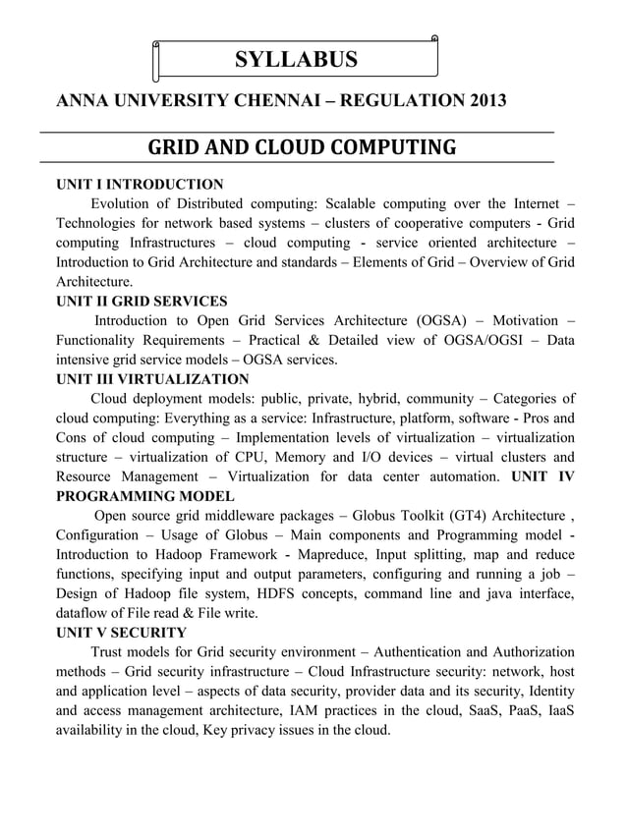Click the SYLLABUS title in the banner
pos(296,60)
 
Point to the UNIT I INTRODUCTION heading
pos(140,185)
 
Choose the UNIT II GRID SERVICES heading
pos(142,302)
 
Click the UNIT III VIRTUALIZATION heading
pos(152,379)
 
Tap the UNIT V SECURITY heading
pos(121,633)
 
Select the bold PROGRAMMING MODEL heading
pos(145,496)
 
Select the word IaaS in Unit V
pos(555,710)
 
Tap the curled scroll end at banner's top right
pos(434,40)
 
